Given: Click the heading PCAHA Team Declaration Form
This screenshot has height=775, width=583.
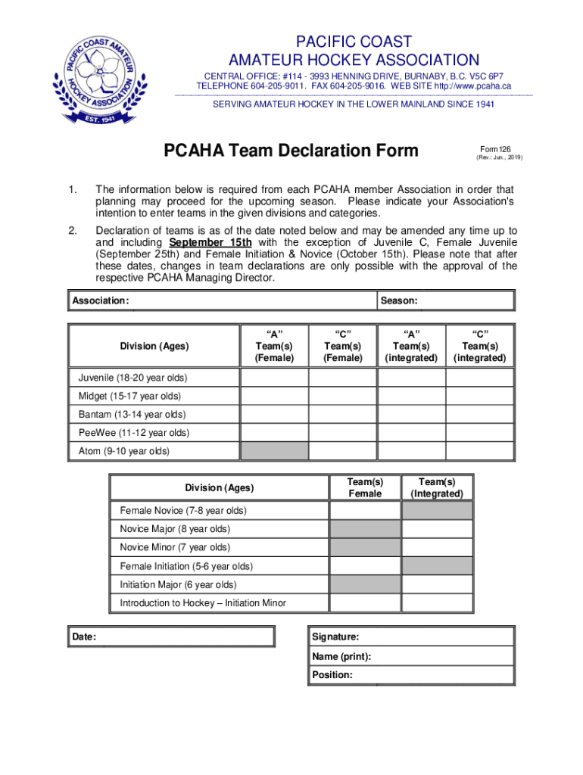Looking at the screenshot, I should pos(291,151).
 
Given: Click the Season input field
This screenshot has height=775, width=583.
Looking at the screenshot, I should pos(466,301).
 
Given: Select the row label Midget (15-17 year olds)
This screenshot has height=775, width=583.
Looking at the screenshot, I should pos(129,396).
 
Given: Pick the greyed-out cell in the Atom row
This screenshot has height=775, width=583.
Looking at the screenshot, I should pos(274,451).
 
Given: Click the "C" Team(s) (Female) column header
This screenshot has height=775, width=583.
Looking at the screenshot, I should pos(342,346).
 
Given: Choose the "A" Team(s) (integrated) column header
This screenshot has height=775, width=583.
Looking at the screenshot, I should pos(411,346).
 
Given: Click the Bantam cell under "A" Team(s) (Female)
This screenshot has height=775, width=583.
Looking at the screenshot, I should pos(274,415).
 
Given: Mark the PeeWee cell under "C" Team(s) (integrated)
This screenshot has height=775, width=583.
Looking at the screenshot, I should pos(479,433).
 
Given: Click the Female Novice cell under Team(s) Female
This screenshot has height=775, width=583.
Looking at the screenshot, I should pos(364,511).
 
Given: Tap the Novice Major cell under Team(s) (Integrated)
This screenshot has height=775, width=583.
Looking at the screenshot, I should pos(437,529).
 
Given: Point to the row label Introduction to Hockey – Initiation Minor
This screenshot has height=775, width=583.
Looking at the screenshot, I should pos(203,603).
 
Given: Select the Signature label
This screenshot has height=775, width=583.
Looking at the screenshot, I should pos(335,637).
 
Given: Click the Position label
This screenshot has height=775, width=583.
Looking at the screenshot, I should pos(332,674).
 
